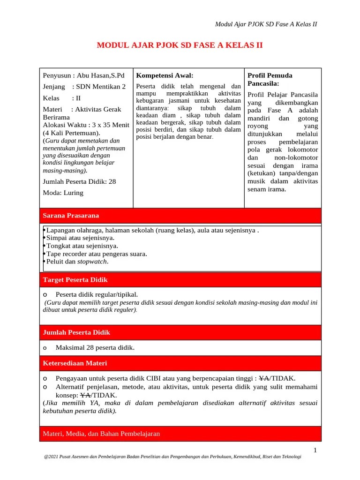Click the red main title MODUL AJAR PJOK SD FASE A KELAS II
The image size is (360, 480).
click(180, 45)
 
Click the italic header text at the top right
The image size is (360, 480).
click(265, 24)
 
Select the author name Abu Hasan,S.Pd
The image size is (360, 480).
click(101, 75)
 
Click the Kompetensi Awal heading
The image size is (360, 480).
click(164, 75)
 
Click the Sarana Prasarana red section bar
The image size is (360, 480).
click(180, 216)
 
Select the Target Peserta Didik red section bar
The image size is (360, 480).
click(180, 280)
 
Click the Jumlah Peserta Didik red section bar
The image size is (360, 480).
click(180, 332)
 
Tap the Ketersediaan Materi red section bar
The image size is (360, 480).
click(180, 363)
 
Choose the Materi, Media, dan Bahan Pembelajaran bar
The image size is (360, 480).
click(180, 434)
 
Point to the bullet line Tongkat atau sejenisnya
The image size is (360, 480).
click(82, 246)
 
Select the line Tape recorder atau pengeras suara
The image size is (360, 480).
click(97, 254)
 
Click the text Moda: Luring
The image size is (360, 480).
click(63, 193)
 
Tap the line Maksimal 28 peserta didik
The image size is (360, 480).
click(95, 347)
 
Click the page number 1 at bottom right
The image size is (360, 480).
click(315, 450)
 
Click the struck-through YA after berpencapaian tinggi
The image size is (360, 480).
click(264, 378)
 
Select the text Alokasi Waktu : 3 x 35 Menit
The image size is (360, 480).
click(86, 125)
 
